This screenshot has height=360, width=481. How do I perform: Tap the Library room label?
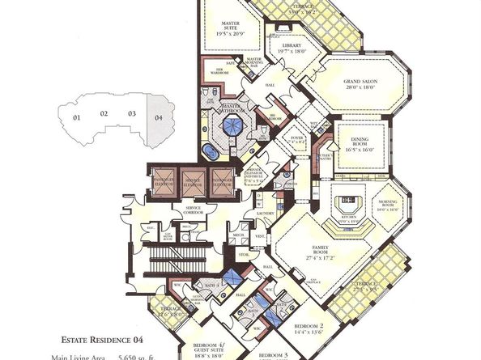296,48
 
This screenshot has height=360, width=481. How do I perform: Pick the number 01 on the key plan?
78,118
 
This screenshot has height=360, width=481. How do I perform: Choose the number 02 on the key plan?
104,113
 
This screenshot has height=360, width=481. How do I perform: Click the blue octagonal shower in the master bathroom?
234,125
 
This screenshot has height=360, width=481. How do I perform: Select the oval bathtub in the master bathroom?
210,153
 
